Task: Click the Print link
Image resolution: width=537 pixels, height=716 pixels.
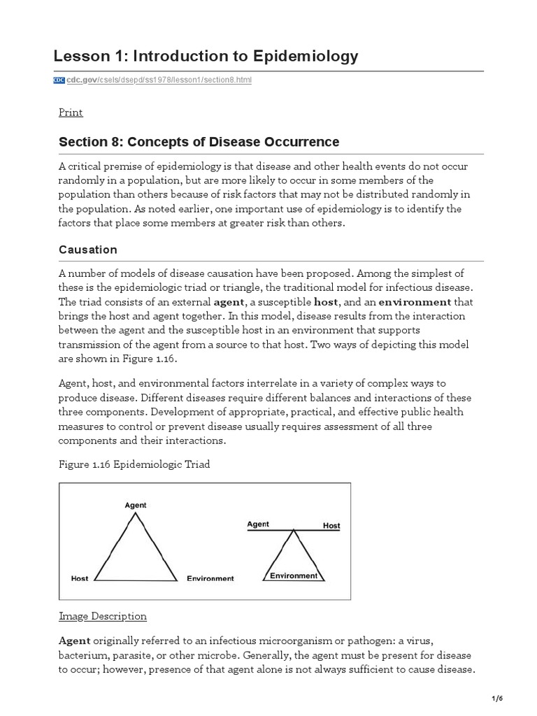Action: (x=71, y=113)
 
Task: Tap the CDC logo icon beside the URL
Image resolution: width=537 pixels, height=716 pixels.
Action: (x=59, y=80)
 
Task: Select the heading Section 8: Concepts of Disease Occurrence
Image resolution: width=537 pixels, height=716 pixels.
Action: (x=199, y=142)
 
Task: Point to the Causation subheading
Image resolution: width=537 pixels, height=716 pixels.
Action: (x=87, y=250)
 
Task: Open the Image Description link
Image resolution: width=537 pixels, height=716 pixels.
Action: (x=103, y=616)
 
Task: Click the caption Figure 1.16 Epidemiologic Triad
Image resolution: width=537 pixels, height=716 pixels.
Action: (x=135, y=464)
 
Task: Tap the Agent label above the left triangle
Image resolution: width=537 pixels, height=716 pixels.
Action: (x=135, y=504)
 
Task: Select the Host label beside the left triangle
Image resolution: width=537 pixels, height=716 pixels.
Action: (x=80, y=579)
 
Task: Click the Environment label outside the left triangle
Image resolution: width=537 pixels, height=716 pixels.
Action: (x=210, y=579)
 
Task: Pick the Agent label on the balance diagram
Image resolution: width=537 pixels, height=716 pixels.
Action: (x=258, y=524)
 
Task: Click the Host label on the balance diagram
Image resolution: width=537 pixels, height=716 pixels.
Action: (x=331, y=525)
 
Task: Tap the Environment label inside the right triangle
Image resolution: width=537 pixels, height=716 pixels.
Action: (x=294, y=575)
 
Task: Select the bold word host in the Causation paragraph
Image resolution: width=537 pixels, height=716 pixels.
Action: (x=326, y=302)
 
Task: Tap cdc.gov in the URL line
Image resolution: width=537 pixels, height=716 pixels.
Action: (x=80, y=80)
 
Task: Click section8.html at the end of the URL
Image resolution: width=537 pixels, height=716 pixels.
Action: (x=226, y=80)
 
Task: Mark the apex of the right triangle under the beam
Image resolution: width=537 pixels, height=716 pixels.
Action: (x=294, y=532)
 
